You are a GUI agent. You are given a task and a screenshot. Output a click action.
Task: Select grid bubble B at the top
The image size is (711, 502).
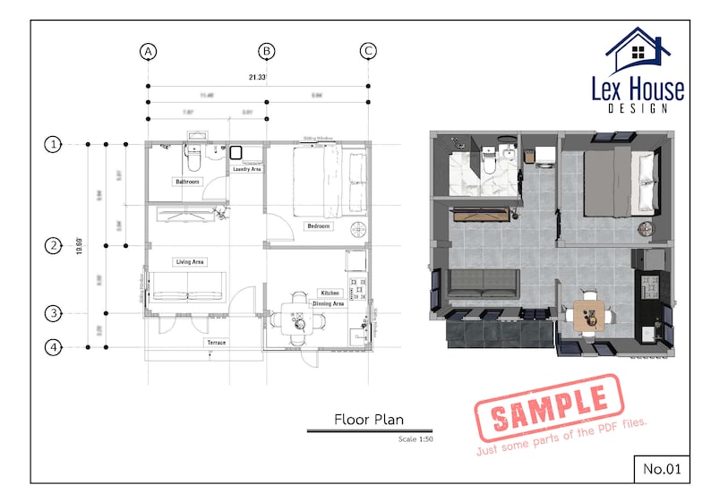coord(267,51)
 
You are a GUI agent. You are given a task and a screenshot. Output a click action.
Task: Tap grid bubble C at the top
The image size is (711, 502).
coord(368,51)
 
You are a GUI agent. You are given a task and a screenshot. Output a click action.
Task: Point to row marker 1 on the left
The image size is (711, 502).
coord(54,143)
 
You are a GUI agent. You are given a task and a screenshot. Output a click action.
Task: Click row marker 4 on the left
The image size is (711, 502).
coord(54,347)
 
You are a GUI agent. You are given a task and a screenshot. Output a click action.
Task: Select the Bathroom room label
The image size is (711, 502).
coord(187,182)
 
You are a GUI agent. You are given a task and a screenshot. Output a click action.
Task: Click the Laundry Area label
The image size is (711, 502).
coord(246,169)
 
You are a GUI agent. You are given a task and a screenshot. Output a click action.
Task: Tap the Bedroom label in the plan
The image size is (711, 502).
coord(319,226)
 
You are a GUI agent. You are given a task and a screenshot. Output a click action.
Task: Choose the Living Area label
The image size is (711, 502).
coord(190,261)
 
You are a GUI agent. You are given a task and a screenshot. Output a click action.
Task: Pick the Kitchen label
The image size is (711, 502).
coord(330,294)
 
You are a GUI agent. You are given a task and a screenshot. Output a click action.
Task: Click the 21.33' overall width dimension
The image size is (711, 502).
coord(257,78)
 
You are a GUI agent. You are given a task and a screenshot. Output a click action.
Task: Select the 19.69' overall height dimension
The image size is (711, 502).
coord(79,245)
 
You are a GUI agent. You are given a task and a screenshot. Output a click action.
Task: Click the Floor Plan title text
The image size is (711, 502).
coord(368,419)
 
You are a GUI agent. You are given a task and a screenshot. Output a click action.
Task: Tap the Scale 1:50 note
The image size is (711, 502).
coord(415,439)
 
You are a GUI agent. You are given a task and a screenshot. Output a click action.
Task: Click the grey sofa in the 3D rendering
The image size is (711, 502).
coord(484,284)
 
